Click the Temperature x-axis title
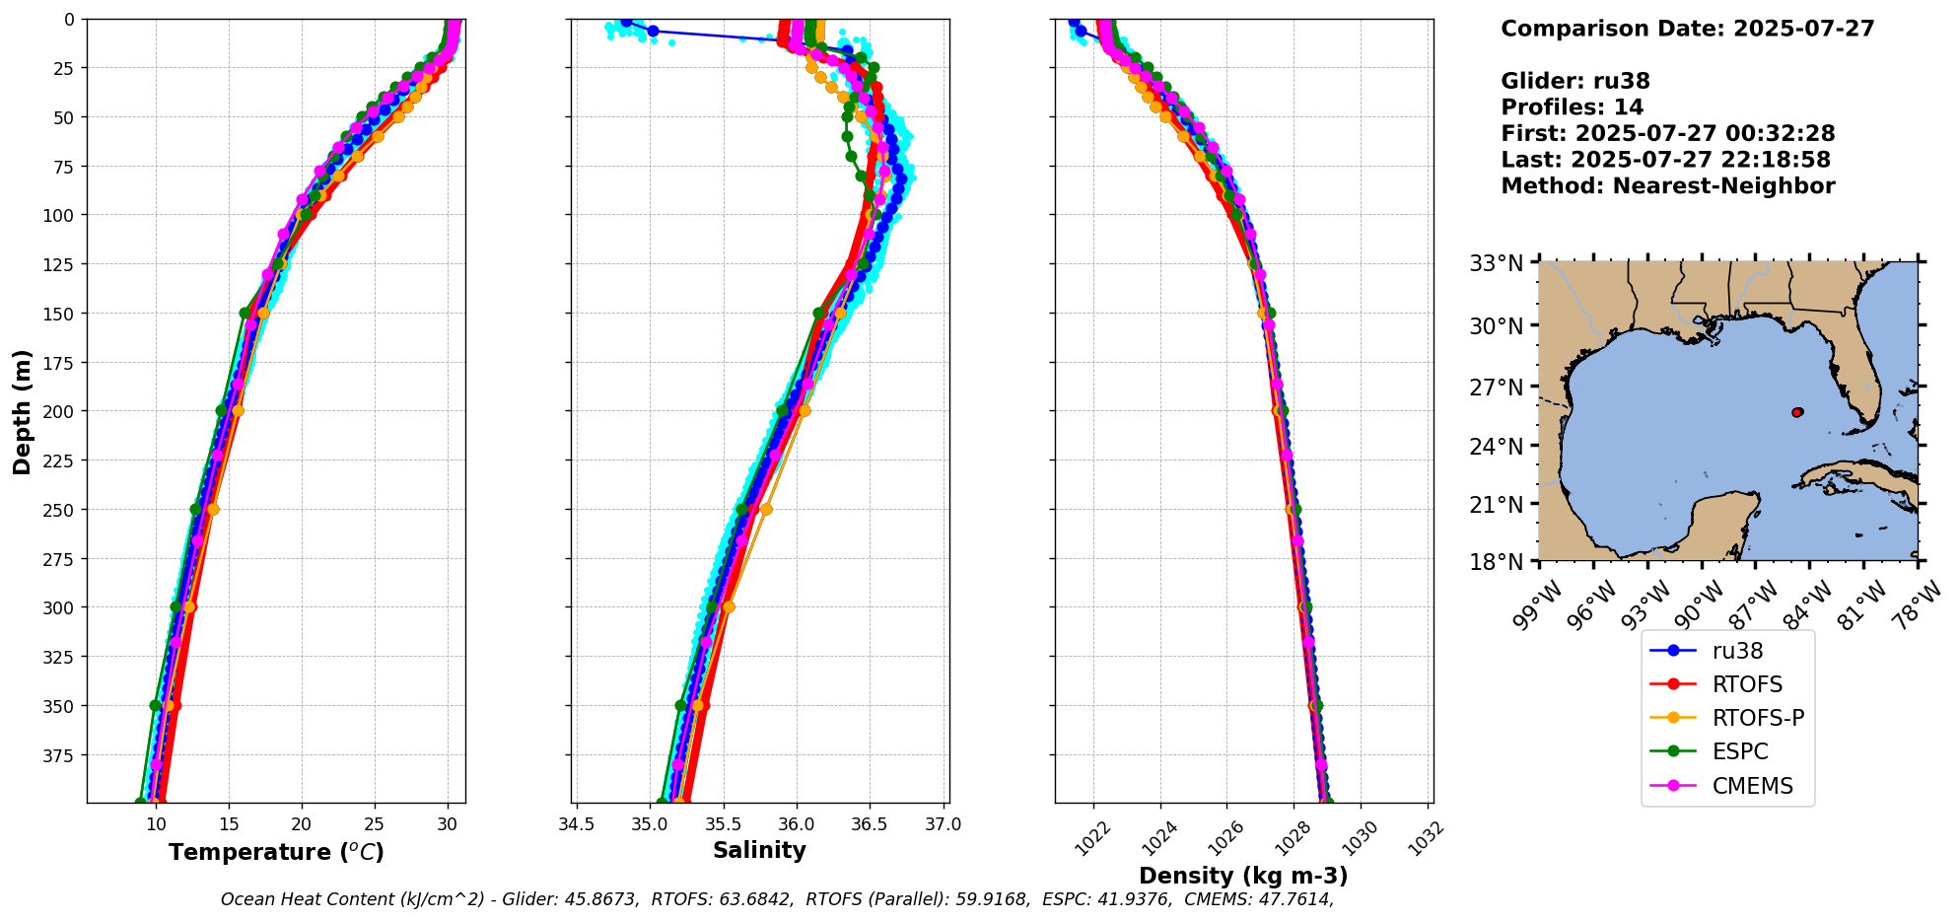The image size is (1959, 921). [x=276, y=852]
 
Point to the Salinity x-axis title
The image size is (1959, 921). [x=759, y=850]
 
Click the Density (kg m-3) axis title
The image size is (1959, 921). [x=1243, y=876]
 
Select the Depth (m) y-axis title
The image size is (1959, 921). [x=22, y=411]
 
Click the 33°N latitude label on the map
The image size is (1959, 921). [x=1497, y=263]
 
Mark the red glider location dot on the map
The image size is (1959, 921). [x=1797, y=412]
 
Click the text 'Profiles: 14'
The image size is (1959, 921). [x=1572, y=107]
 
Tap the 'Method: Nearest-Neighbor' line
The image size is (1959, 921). [x=1667, y=186]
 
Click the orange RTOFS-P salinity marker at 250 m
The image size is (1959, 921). [x=766, y=509]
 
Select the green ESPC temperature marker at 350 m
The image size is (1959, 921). [x=155, y=705]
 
